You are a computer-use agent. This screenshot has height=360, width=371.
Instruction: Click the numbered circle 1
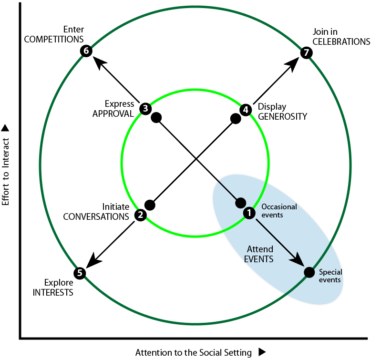click(249, 213)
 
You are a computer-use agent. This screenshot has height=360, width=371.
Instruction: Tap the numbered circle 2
click(141, 215)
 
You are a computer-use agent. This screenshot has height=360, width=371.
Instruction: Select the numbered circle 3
click(145, 109)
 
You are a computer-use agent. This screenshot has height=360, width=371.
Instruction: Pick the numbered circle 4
click(246, 110)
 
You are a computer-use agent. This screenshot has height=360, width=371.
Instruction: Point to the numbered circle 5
click(80, 273)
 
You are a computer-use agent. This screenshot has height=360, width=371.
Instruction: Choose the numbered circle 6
click(86, 51)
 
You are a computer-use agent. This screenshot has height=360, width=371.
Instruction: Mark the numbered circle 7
click(307, 52)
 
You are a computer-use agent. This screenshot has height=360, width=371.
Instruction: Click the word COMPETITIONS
click(54, 39)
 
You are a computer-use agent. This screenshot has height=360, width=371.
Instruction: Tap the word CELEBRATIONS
click(341, 41)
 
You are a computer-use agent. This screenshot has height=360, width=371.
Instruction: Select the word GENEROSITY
click(282, 116)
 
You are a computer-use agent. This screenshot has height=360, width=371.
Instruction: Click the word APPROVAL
click(113, 114)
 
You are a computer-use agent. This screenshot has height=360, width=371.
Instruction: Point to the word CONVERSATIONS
click(96, 216)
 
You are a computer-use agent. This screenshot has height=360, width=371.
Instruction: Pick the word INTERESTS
click(53, 293)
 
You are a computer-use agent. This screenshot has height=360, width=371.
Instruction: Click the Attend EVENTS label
click(259, 254)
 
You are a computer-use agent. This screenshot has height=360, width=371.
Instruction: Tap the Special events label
click(330, 276)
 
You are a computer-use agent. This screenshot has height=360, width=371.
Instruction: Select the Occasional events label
click(279, 211)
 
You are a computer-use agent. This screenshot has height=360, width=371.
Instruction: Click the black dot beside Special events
click(309, 272)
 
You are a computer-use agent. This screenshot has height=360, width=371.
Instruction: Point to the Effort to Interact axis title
click(5, 172)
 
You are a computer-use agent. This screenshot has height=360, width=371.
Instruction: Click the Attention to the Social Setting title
click(194, 352)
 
